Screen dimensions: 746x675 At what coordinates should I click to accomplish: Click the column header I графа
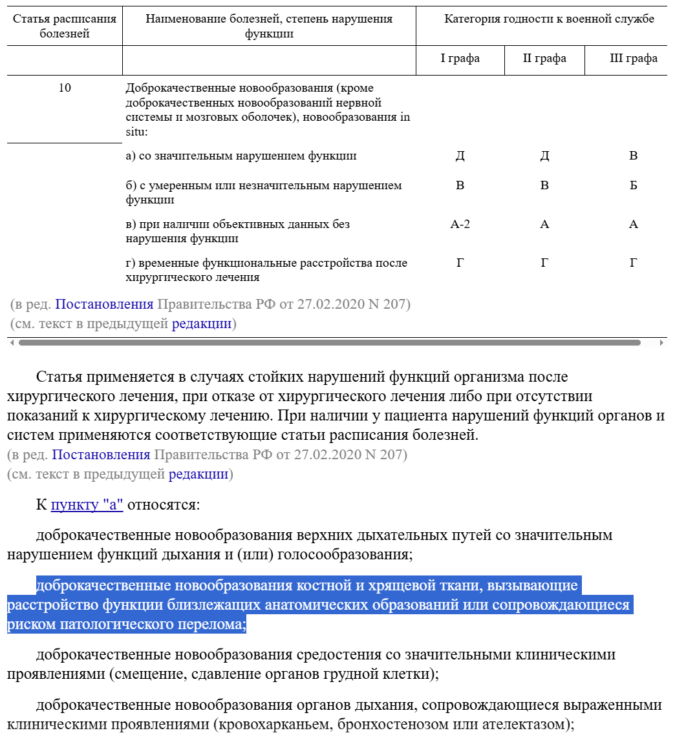point(460,59)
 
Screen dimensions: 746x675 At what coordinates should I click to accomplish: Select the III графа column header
point(633,59)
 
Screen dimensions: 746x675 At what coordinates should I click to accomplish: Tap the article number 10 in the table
point(65,88)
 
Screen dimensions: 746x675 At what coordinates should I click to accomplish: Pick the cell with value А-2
point(460,225)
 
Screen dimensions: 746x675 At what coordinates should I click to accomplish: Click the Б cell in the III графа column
point(633,186)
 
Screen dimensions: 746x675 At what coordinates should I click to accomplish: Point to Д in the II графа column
point(544,156)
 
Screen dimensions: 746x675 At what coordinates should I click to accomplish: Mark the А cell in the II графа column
point(544,225)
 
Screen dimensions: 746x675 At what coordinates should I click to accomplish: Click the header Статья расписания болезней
point(65,26)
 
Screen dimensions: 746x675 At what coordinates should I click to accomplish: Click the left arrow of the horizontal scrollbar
point(11,343)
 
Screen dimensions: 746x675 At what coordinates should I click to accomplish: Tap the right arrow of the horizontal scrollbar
point(661,343)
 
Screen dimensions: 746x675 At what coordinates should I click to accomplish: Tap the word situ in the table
point(136,132)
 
